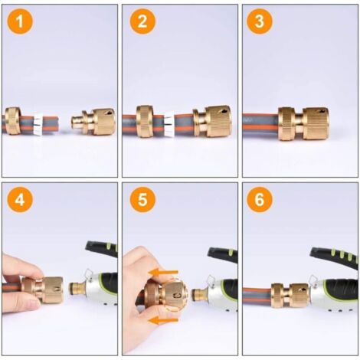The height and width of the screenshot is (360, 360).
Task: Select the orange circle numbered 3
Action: pos(260,21)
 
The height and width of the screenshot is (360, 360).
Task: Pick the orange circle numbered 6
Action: pos(260,201)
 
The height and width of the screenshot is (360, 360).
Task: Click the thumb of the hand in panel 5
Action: pos(139,264)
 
